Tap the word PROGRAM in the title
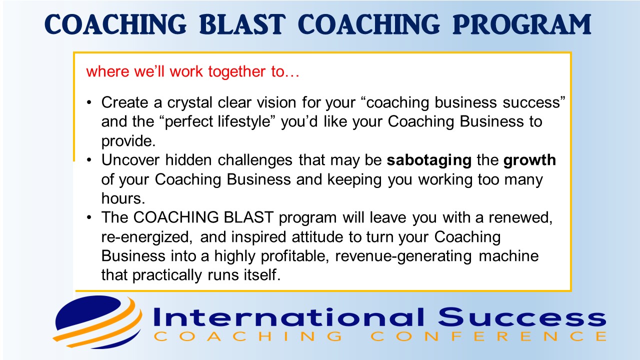(522, 24)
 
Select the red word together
(236, 71)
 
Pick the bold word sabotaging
(429, 160)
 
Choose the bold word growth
(529, 160)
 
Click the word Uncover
(130, 160)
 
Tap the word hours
(123, 198)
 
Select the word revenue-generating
(403, 256)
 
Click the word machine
(508, 255)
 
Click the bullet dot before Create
(89, 102)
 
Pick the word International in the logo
(288, 317)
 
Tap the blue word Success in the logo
(521, 317)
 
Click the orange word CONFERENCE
(488, 336)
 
